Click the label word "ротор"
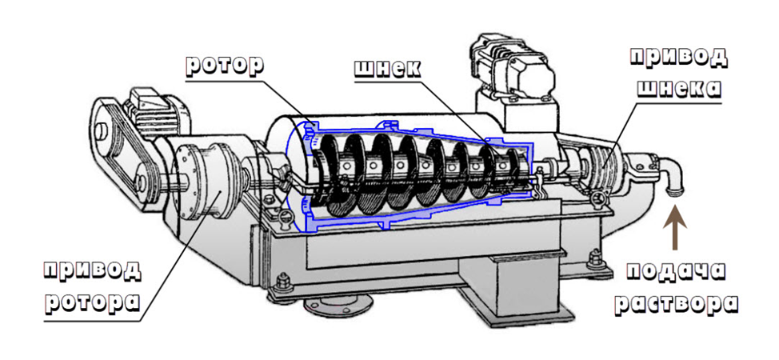click(x=224, y=65)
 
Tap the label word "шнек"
click(x=388, y=68)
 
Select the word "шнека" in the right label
click(x=679, y=88)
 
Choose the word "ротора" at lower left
click(x=92, y=302)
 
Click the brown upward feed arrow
click(x=675, y=230)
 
